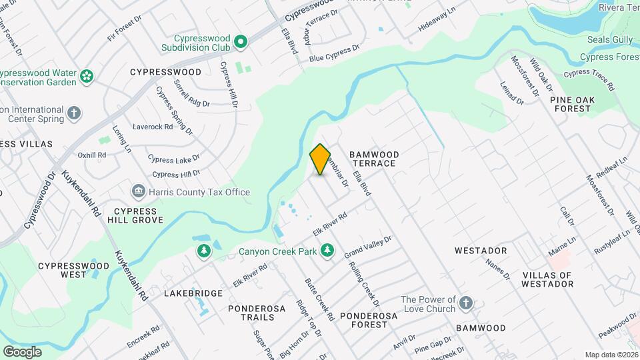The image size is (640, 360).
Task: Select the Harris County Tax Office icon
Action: (x=139, y=192)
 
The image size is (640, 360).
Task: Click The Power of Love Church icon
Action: (x=466, y=304)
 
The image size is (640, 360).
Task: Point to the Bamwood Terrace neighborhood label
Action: (x=374, y=159)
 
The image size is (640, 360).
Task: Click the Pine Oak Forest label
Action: (x=571, y=104)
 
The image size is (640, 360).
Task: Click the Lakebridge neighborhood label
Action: (x=193, y=293)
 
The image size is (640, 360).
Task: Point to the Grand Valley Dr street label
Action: (x=367, y=247)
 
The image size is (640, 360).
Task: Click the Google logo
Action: (x=22, y=351)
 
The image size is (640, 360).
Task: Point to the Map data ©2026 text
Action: (x=611, y=355)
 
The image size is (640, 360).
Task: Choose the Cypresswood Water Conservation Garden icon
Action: (x=86, y=77)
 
